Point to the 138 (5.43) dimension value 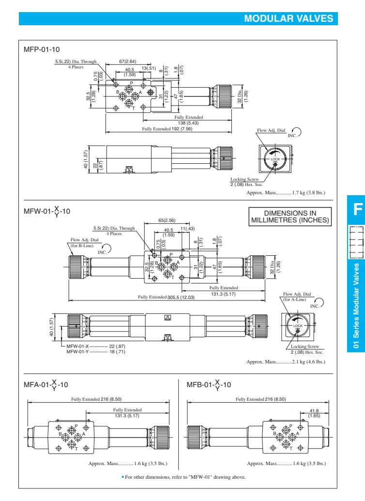189,122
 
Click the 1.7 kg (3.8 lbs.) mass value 309,192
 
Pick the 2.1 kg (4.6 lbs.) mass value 309,389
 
